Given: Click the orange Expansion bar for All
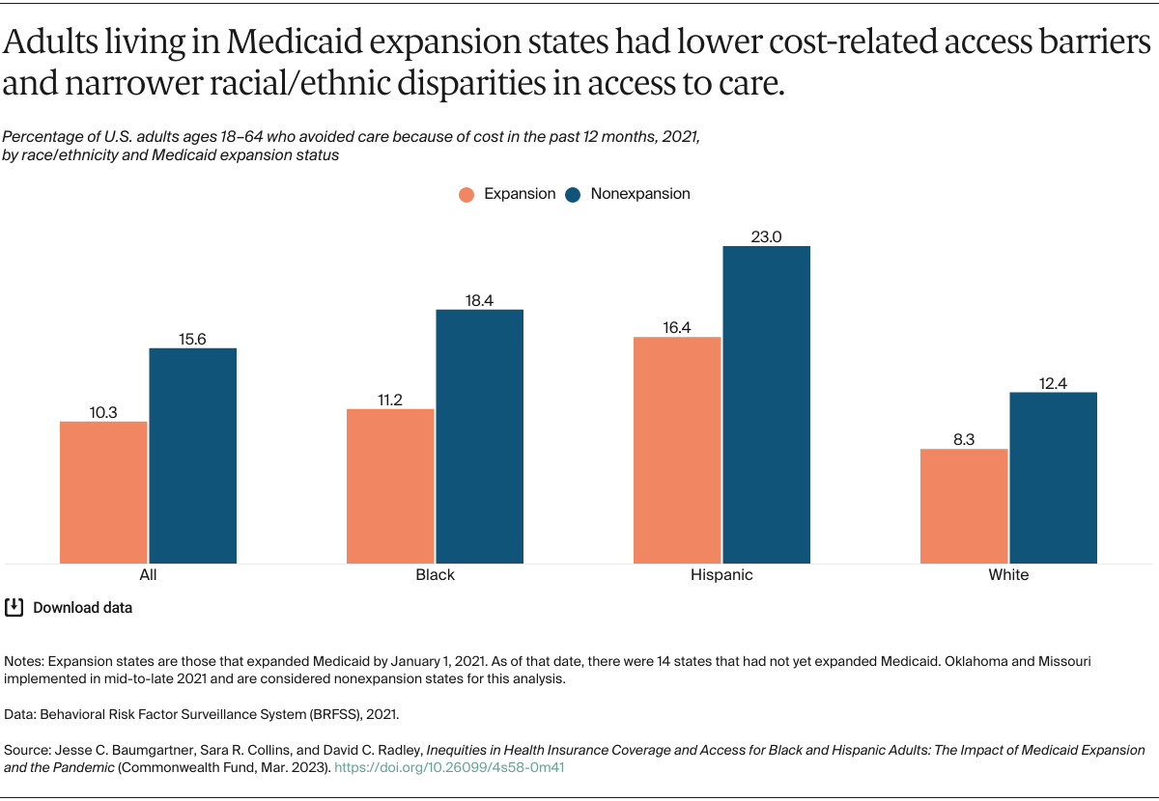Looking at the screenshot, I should (103, 492).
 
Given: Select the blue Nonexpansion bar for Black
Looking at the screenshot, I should (480, 436).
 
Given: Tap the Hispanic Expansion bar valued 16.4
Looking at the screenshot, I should (677, 450).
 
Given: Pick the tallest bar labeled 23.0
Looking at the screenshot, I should (767, 404).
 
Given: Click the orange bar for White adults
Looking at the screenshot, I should (964, 506).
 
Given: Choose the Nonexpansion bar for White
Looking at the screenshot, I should (1054, 478).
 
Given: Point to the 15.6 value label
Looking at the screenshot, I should (192, 339).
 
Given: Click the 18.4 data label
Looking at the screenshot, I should (479, 300).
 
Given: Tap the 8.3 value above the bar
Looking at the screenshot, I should (964, 439).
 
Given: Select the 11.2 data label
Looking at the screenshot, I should (390, 400).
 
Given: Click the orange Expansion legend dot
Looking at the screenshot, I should (467, 194).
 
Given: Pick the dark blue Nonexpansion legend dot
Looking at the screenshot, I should (574, 194).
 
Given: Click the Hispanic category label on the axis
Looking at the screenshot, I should (721, 575).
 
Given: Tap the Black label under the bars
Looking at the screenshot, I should (435, 575).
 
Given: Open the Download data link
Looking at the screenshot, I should (82, 608).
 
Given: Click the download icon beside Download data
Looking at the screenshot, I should (14, 607).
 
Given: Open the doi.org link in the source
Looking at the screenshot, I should (449, 768).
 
